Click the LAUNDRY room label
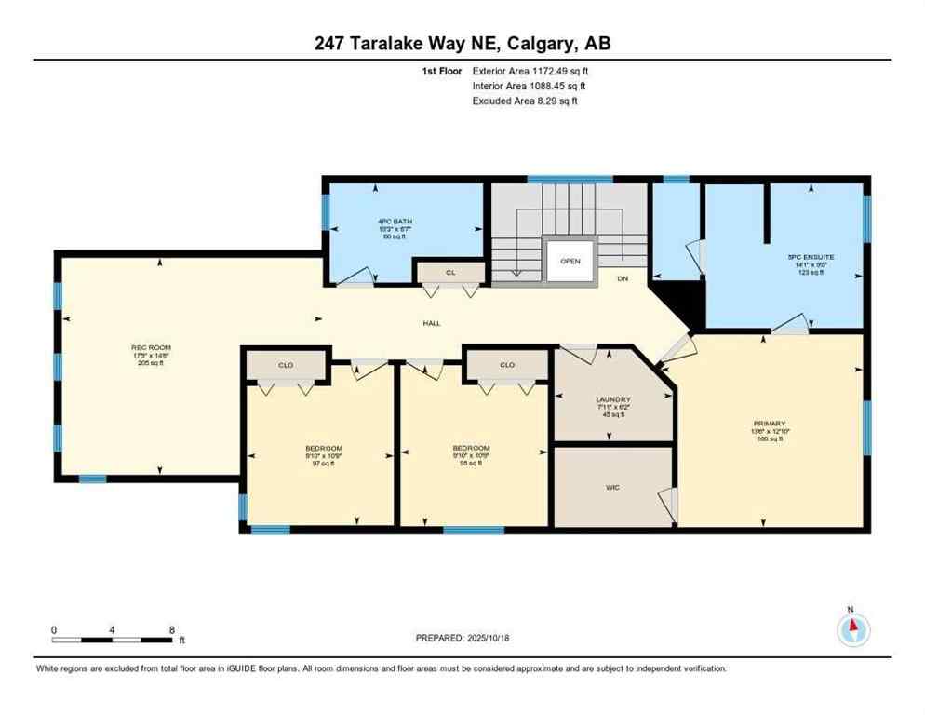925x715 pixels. point(613,399)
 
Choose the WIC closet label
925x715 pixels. point(611,486)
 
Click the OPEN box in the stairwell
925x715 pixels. point(570,261)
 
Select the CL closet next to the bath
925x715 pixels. point(450,272)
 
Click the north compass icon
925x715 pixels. point(851,630)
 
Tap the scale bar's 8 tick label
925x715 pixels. point(171,630)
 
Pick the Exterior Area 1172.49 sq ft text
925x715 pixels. point(530,71)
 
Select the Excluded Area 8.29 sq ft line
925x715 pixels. point(525,101)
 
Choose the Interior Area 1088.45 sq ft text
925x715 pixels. point(529,86)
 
